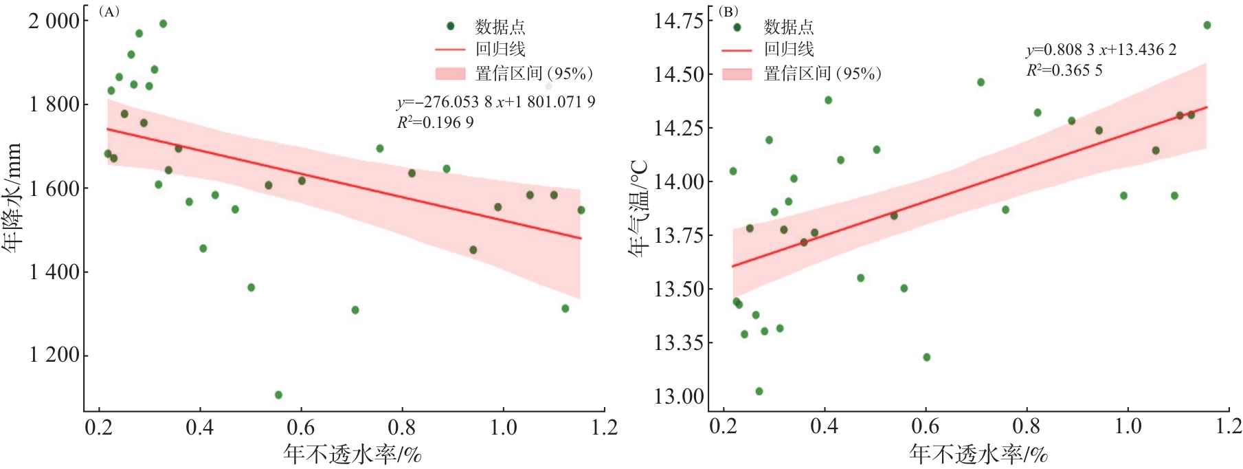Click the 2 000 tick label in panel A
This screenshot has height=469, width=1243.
[x=54, y=21]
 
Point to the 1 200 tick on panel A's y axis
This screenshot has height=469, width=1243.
[x=54, y=356]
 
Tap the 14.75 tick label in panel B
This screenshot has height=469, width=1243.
[x=679, y=21]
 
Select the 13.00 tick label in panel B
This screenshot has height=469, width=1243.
[x=679, y=397]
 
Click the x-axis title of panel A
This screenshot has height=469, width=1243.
[x=352, y=454]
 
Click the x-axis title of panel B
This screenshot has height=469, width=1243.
[x=978, y=454]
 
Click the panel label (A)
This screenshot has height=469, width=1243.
[x=109, y=12]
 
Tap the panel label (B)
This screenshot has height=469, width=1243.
[x=728, y=12]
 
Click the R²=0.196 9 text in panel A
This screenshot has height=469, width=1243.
[x=435, y=122]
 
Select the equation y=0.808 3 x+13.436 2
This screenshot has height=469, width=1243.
[x=1101, y=50]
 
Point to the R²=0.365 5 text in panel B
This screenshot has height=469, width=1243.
[x=1064, y=70]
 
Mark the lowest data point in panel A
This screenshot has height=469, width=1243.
[x=278, y=395]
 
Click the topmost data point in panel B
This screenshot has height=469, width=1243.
[x=1207, y=25]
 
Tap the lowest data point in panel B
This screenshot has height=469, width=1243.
[x=759, y=391]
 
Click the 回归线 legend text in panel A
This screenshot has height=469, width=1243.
[x=500, y=50]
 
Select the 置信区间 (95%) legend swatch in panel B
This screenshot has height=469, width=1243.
[x=737, y=74]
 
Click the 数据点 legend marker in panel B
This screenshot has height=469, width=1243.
[x=737, y=28]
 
